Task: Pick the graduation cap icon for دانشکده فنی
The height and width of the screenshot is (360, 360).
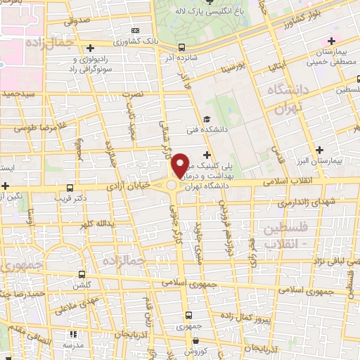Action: click(207, 119)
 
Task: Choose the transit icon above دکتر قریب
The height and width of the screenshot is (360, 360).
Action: click(69, 188)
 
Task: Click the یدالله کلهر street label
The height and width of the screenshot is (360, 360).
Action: click(94, 223)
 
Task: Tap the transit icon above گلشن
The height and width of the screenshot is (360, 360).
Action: click(82, 274)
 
